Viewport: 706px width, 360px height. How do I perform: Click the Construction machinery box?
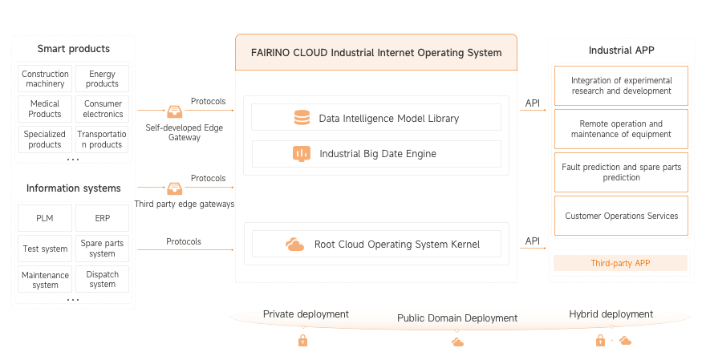[45, 79]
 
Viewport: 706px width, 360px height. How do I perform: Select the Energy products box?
[102, 79]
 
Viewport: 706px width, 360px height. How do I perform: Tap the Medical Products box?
[45, 108]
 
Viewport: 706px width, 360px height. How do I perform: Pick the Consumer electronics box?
[102, 108]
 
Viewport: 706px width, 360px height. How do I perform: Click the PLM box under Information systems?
[45, 217]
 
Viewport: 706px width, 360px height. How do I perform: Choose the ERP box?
[102, 217]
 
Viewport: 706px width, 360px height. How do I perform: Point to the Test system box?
[45, 248]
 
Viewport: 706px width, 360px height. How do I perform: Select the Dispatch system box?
[102, 278]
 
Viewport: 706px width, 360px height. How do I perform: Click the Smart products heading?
[73, 49]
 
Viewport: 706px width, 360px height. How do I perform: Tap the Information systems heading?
[73, 188]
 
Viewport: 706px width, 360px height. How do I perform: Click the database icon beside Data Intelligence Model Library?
[302, 118]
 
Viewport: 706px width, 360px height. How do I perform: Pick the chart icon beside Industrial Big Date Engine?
[302, 153]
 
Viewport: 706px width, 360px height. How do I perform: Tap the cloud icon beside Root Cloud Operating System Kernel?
[294, 245]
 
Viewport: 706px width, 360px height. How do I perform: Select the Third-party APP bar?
[620, 262]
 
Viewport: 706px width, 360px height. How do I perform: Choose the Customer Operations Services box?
[621, 216]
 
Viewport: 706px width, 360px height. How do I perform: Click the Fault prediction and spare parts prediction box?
[621, 172]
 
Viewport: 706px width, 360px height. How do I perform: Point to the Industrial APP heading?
[621, 50]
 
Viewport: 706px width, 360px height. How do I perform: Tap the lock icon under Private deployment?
[302, 341]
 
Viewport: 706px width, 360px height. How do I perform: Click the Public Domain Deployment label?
[456, 318]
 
